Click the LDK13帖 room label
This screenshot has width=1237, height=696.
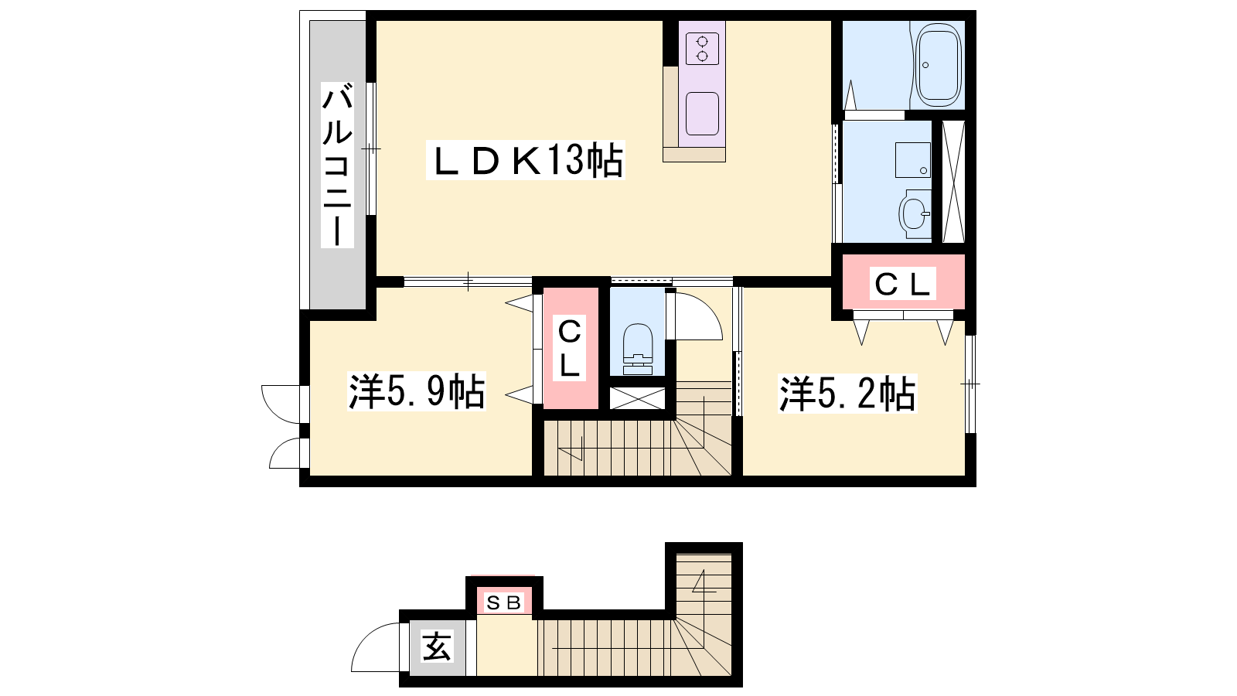[x=525, y=160]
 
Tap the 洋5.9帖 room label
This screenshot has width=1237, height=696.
[x=417, y=391]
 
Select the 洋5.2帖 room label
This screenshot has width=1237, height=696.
[x=847, y=394]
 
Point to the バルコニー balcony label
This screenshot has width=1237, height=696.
[x=337, y=165]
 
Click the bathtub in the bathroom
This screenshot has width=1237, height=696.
[x=939, y=65]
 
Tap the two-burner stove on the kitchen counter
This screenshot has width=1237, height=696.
[x=703, y=48]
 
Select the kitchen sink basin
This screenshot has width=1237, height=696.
[x=703, y=114]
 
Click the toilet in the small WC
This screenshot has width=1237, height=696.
[x=638, y=349]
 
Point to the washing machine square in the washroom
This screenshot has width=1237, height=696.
[x=913, y=160]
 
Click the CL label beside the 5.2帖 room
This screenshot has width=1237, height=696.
[x=902, y=284]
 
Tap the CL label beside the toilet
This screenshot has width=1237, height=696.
[x=569, y=349]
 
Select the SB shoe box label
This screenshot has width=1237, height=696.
[x=504, y=602]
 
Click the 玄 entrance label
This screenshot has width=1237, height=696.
[x=438, y=647]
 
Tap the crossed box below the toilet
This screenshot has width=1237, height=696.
[x=637, y=398]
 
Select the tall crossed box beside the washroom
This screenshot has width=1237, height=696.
[x=953, y=182]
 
